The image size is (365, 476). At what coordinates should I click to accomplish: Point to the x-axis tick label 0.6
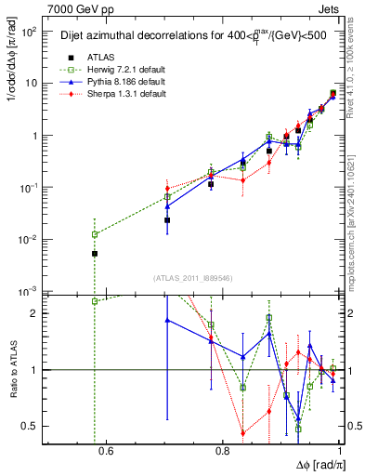point(105,453)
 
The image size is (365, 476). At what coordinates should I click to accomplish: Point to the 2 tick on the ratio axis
point(38,313)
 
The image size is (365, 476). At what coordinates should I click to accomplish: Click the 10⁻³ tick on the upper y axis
point(31,292)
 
